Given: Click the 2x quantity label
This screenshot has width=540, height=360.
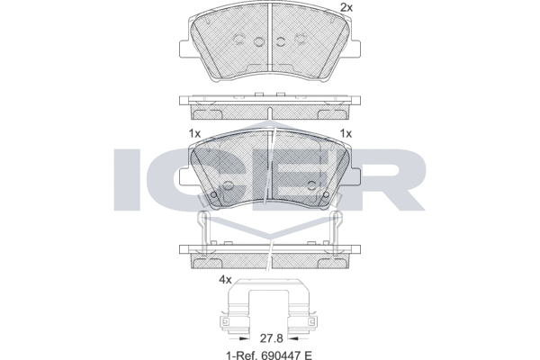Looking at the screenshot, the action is (x=346, y=7).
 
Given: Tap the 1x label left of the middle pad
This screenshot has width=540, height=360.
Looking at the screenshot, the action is (x=194, y=133).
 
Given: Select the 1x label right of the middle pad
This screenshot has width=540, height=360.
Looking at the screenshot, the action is (x=346, y=133).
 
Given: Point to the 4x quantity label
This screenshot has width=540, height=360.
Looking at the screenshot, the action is (x=225, y=280).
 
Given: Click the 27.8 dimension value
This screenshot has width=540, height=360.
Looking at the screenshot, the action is (x=272, y=338).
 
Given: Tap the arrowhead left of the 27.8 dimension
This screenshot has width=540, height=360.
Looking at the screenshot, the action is (x=244, y=338).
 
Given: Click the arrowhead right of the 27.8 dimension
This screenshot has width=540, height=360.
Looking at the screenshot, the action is (x=293, y=338).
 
